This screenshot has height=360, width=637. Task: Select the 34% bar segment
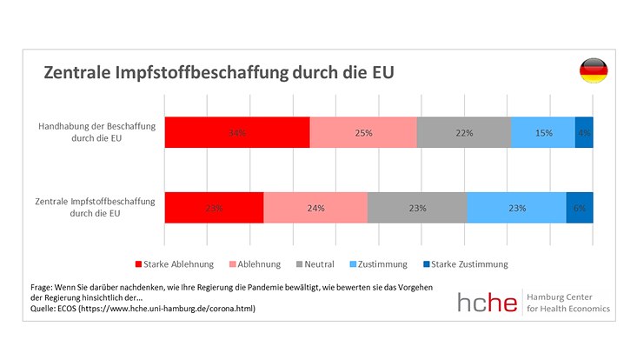(x=237, y=132)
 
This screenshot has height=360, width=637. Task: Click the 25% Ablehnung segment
(x=363, y=132)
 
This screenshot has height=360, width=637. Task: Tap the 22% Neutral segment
(x=464, y=132)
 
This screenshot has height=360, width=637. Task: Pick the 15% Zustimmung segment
(x=543, y=132)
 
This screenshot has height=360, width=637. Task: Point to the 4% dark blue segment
(x=584, y=132)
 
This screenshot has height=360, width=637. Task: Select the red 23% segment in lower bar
(x=214, y=208)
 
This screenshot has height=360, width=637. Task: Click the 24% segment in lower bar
(x=315, y=208)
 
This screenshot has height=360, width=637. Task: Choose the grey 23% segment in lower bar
(x=417, y=208)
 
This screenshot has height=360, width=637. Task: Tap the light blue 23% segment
(x=516, y=208)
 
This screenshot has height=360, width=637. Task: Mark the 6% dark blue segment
(x=580, y=208)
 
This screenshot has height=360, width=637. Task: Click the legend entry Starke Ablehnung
(x=174, y=263)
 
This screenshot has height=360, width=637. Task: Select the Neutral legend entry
(x=315, y=263)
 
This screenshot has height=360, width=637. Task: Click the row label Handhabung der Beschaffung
(x=96, y=132)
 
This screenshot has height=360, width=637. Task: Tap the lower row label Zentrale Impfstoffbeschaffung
(x=95, y=207)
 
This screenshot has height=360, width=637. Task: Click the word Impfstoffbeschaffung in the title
(x=199, y=73)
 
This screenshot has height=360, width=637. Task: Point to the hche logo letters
(x=488, y=302)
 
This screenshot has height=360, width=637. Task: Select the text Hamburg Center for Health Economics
(x=569, y=302)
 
